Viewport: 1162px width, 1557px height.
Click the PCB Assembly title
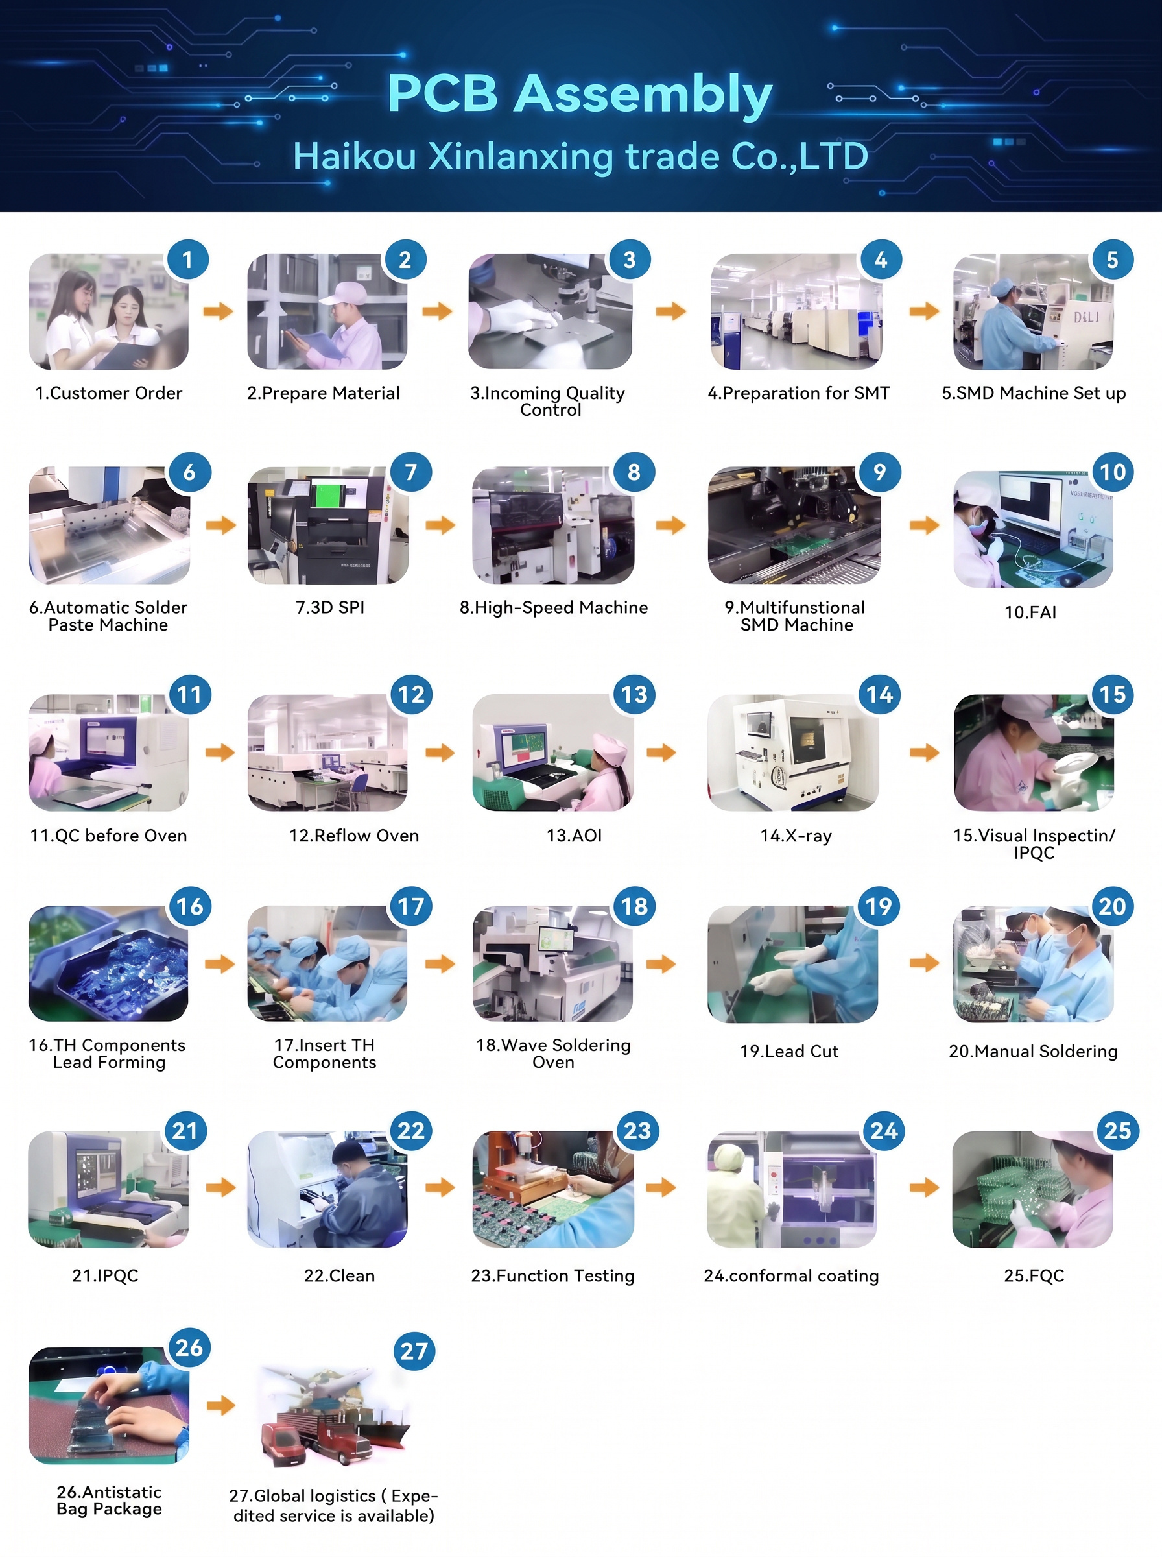tap(580, 94)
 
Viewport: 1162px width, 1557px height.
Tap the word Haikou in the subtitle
tap(355, 156)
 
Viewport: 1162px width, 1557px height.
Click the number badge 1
tap(187, 259)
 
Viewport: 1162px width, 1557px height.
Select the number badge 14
tap(879, 694)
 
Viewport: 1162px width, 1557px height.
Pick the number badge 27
tap(414, 1350)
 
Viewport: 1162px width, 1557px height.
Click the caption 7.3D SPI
tap(330, 607)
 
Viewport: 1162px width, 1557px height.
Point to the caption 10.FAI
tap(1030, 612)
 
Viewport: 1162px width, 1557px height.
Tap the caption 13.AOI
tap(574, 835)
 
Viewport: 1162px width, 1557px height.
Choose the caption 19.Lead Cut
tap(789, 1051)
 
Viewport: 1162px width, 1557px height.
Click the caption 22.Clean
tap(339, 1275)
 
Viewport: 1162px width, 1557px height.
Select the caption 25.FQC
tap(1034, 1275)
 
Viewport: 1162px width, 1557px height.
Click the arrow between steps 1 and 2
tap(218, 311)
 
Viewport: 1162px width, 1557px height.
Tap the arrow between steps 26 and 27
tap(221, 1405)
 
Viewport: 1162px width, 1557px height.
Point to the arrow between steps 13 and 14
tap(661, 752)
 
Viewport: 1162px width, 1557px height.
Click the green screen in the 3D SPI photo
tap(325, 494)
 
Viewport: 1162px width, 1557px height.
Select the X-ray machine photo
tap(793, 752)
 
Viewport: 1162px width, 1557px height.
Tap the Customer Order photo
tap(108, 311)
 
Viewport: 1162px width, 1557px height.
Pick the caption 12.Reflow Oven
tap(354, 835)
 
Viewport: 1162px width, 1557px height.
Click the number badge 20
tap(1112, 906)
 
